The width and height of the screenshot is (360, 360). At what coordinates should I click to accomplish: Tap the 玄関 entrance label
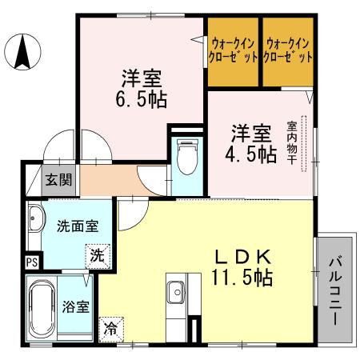pos(57,180)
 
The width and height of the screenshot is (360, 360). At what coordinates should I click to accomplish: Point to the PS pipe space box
pos(32,262)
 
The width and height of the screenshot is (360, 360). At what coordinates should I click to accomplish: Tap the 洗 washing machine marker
pos(96,257)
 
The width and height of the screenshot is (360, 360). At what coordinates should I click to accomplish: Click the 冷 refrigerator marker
pos(109,328)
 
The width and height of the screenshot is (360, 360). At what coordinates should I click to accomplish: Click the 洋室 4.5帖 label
pos(254,142)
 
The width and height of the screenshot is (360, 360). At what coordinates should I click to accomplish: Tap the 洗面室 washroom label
pos(78,226)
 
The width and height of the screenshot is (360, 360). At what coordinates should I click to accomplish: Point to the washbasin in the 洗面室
pos(36,218)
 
